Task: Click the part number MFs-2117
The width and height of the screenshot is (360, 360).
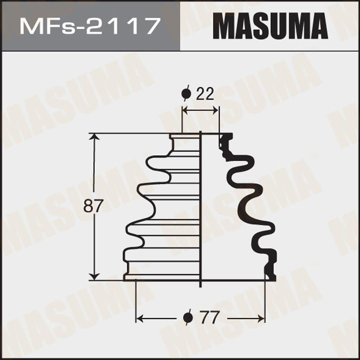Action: [x=90, y=26]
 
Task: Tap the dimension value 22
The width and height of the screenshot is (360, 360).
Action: [x=205, y=94]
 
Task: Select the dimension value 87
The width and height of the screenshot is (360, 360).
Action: [x=93, y=206]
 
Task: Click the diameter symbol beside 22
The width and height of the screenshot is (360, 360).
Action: [x=186, y=94]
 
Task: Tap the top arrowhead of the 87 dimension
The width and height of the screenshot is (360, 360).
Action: [x=94, y=137]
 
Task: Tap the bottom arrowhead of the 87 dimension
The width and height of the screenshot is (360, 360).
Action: [x=94, y=276]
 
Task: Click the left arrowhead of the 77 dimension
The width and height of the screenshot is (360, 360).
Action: [x=139, y=318]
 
